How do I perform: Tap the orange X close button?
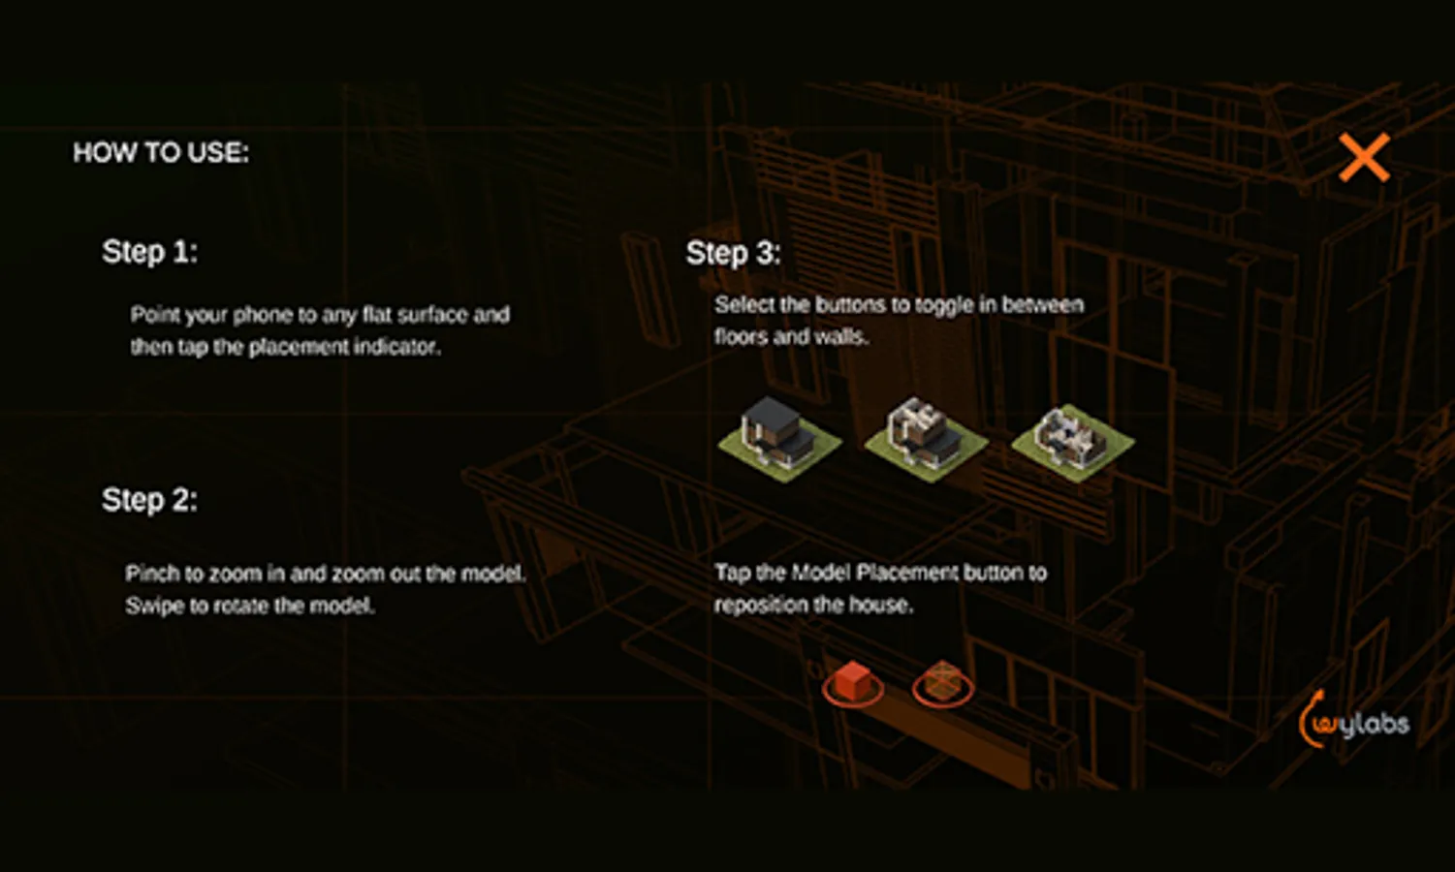(x=1364, y=158)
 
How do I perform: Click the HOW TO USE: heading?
(x=161, y=153)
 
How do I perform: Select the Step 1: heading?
(x=149, y=252)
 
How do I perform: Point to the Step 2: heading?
(x=149, y=500)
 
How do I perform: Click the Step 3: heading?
(x=734, y=253)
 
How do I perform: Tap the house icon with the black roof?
(x=779, y=440)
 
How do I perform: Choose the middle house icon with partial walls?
(x=927, y=440)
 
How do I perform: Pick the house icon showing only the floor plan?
(x=1073, y=442)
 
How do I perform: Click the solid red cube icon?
(x=853, y=684)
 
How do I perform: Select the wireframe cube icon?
(x=942, y=684)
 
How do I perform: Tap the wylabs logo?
(x=1353, y=720)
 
